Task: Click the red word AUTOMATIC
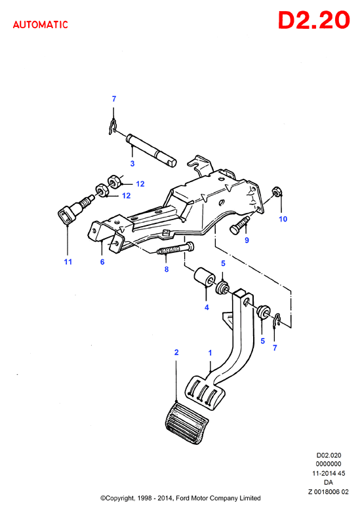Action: pyautogui.click(x=41, y=25)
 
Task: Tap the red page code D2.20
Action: pyautogui.click(x=313, y=20)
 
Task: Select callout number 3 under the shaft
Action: pyautogui.click(x=132, y=164)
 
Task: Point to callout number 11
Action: pyautogui.click(x=68, y=261)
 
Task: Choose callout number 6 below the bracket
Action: pyautogui.click(x=102, y=261)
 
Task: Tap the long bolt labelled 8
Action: pyautogui.click(x=176, y=248)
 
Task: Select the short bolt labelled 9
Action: pyautogui.click(x=240, y=225)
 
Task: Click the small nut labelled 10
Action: pyautogui.click(x=277, y=191)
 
